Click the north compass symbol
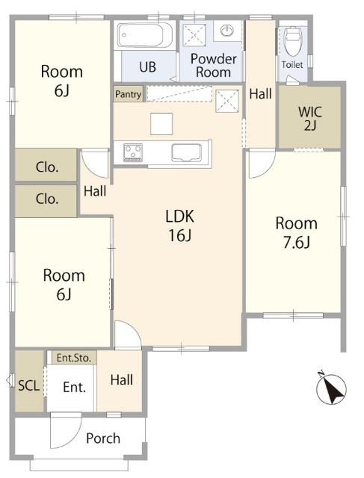(331, 388)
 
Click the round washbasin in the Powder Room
(227, 30)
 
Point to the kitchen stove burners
(133, 152)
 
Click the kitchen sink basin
(186, 152)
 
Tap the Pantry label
(129, 94)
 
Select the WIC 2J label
(310, 118)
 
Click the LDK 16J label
(180, 226)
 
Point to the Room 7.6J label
(297, 233)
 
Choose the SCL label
(29, 385)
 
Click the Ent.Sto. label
(74, 358)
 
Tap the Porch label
(103, 438)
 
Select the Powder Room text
(214, 65)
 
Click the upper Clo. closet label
(47, 167)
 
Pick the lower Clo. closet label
(47, 199)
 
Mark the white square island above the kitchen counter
(161, 124)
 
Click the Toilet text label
(292, 65)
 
